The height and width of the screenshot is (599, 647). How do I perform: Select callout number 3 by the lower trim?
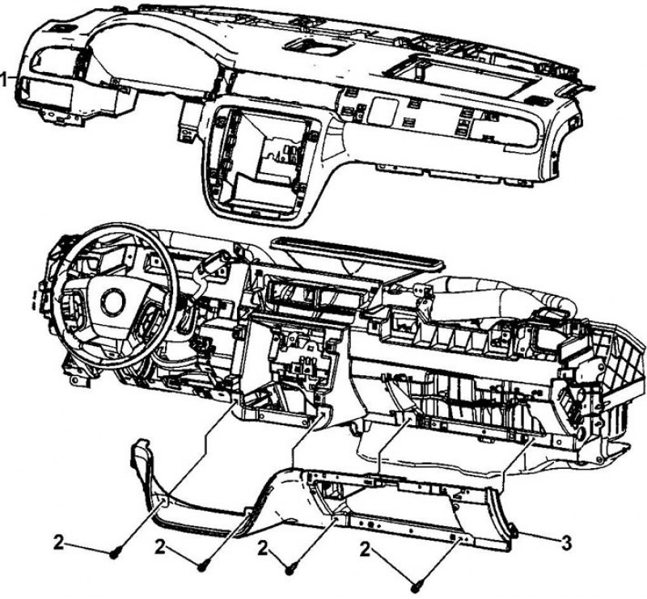tap(567, 543)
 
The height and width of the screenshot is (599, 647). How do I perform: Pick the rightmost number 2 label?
tap(365, 550)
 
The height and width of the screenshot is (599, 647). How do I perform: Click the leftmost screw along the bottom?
tap(114, 555)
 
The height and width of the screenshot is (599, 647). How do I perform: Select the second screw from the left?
tap(202, 567)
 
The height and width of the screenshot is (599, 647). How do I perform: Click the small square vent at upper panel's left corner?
tap(60, 28)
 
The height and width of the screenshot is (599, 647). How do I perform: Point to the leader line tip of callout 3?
tap(515, 533)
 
